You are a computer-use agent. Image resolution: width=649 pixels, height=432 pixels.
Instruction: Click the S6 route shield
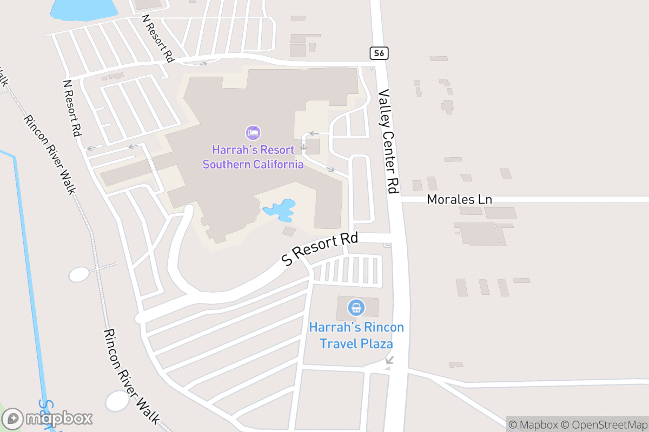[x=379, y=53]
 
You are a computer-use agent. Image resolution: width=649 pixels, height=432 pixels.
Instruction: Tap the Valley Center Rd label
[x=389, y=141]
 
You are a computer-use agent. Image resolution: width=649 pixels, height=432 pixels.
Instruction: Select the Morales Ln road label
[x=459, y=199]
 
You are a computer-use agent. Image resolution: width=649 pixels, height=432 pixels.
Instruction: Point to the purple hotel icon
[x=253, y=133]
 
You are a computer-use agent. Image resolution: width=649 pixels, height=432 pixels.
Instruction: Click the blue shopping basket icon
[x=356, y=308]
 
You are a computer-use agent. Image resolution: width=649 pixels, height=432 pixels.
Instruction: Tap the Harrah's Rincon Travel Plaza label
[x=356, y=335]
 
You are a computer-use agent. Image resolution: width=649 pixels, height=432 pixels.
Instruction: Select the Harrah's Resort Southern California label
[x=253, y=157]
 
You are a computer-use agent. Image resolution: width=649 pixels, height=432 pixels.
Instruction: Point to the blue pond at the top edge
[x=84, y=8]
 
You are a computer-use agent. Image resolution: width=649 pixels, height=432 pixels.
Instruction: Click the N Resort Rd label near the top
[x=157, y=37]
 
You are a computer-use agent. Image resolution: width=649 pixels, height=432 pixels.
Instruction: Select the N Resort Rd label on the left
[x=72, y=108]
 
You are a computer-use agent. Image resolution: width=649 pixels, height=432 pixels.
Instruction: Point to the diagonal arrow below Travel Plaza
[x=389, y=360]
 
